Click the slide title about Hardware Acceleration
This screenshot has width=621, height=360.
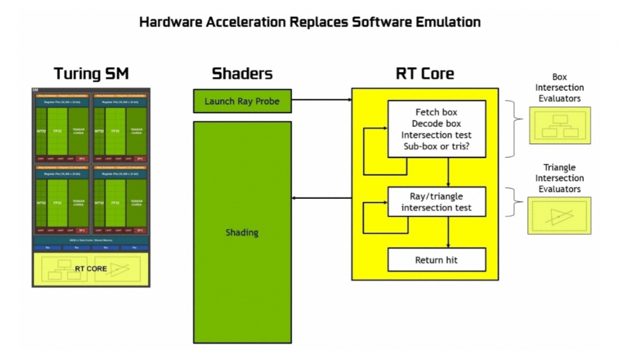click(x=310, y=22)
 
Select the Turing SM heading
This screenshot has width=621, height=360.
click(x=91, y=74)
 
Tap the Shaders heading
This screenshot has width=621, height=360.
click(x=242, y=74)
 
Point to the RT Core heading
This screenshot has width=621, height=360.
click(x=425, y=74)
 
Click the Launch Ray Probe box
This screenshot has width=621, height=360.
click(x=242, y=101)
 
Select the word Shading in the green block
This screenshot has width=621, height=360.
click(x=242, y=233)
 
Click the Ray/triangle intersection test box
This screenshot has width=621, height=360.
click(x=437, y=202)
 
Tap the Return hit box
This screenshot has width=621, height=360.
click(x=437, y=260)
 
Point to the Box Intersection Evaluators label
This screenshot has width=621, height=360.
click(x=559, y=88)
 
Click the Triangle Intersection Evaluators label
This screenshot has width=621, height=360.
click(x=559, y=178)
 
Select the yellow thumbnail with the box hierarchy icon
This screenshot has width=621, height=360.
click(x=559, y=125)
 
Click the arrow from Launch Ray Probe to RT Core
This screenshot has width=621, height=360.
click(x=321, y=98)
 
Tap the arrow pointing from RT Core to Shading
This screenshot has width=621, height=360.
click(x=321, y=198)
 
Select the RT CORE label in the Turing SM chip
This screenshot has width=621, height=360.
click(x=91, y=268)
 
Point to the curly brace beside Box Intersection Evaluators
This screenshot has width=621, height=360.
click(x=517, y=128)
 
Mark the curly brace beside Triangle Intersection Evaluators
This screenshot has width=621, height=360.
click(x=517, y=201)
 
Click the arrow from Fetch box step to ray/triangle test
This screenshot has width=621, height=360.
click(x=448, y=172)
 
